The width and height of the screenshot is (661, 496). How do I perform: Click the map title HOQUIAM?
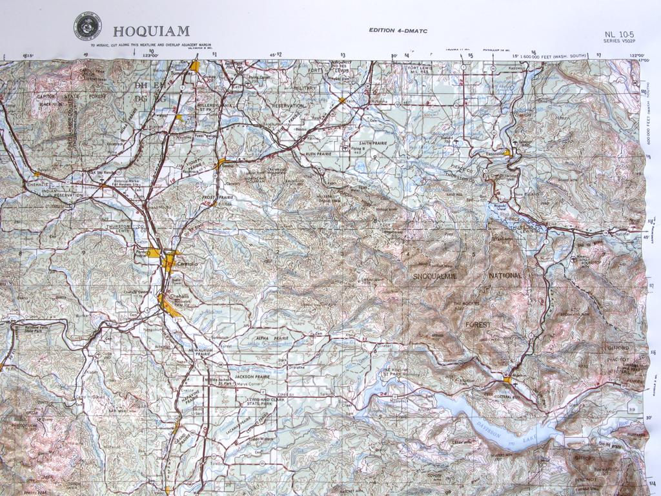pyautogui.click(x=151, y=30)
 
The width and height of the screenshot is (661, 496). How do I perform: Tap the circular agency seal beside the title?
pyautogui.click(x=88, y=28)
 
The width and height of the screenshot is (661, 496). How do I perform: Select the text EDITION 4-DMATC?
pyautogui.click(x=398, y=30)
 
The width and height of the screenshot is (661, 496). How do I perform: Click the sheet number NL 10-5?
pyautogui.click(x=618, y=34)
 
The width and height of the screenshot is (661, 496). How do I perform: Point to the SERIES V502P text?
pyautogui.click(x=619, y=41)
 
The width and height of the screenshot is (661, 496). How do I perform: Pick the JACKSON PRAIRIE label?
pyautogui.click(x=252, y=377)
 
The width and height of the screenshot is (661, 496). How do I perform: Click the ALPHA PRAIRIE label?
pyautogui.click(x=270, y=338)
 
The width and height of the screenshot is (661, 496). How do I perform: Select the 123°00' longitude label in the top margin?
pyautogui.click(x=150, y=56)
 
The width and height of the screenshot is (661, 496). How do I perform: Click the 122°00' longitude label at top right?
pyautogui.click(x=639, y=56)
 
